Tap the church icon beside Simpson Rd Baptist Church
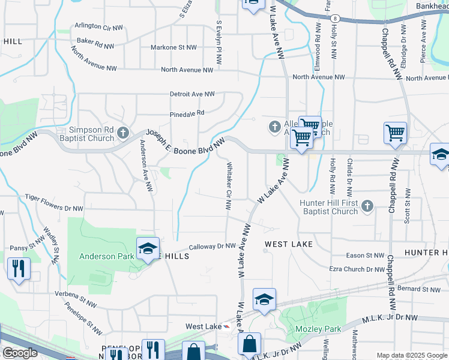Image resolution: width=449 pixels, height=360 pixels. tap(123, 133)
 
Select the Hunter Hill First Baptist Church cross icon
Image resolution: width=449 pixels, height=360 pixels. tap(368, 207)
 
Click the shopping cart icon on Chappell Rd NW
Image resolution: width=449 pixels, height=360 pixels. tap(396, 133)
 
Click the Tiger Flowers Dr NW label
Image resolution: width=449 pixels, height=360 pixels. tap(53, 203)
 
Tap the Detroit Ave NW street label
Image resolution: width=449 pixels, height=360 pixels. tap(192, 94)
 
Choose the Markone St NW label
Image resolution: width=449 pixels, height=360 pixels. tap(173, 47)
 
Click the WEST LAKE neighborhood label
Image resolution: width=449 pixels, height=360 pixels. tap(289, 244)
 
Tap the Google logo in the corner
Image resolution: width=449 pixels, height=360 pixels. tap(20, 353)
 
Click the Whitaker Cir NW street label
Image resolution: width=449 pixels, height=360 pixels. tap(228, 185)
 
